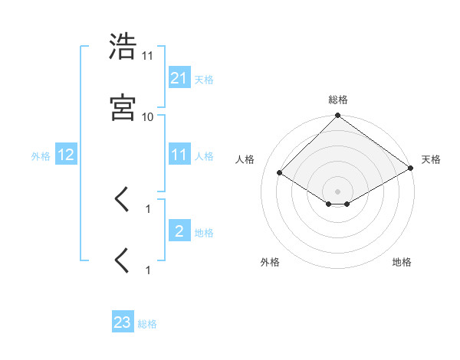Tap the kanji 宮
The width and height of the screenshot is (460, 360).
click(x=123, y=108)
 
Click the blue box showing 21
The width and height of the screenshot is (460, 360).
click(x=179, y=77)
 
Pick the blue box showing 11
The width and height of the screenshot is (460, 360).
click(x=179, y=155)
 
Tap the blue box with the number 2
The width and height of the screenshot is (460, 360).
click(x=179, y=231)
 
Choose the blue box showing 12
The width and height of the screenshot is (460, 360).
click(x=66, y=155)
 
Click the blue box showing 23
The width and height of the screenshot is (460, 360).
click(x=123, y=322)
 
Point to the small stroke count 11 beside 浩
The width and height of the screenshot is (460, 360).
click(x=148, y=56)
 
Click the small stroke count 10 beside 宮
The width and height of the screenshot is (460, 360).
click(x=148, y=116)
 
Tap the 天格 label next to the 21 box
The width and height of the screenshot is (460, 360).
click(x=204, y=79)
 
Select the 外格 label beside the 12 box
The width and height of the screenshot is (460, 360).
click(x=41, y=155)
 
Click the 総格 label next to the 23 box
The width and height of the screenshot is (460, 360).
click(x=148, y=324)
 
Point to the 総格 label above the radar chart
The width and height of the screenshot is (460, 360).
click(x=337, y=100)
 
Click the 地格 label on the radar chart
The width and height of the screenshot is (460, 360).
click(x=402, y=262)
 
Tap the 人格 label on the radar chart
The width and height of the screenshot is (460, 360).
click(x=246, y=159)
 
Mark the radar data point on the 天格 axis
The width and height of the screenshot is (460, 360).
click(x=411, y=169)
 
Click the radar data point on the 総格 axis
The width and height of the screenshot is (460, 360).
click(x=337, y=116)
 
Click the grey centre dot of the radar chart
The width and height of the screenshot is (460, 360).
click(x=337, y=191)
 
